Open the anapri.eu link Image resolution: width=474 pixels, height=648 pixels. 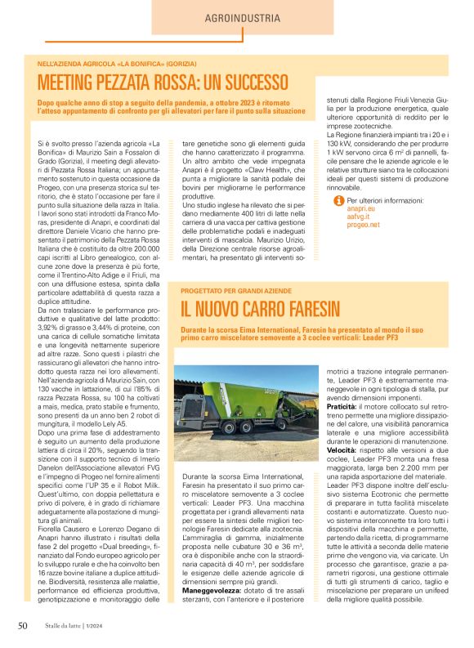click(360, 208)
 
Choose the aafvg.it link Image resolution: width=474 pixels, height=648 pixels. click(360, 217)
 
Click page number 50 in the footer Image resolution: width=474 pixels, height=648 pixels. click(23, 627)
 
